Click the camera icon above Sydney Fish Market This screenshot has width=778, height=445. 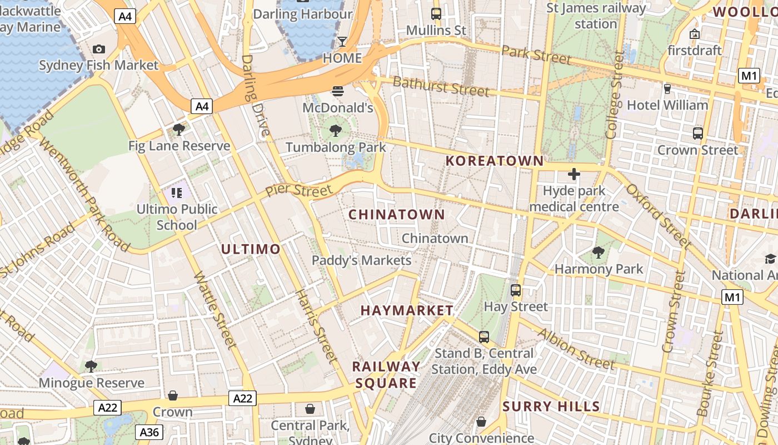(99, 50)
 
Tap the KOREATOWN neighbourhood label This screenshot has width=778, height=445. (495, 161)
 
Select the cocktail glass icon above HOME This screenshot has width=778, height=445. (342, 42)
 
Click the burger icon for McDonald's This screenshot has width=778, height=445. (338, 91)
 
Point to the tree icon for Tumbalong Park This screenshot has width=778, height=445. (335, 131)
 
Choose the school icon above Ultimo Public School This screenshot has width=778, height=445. (177, 193)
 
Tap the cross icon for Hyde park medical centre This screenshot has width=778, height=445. (573, 174)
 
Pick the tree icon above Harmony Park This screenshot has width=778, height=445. (599, 253)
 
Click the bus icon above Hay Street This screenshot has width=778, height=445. (516, 290)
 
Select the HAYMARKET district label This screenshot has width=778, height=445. (407, 310)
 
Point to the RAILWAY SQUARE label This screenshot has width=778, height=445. (386, 374)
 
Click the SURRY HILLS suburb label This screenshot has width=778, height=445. (551, 406)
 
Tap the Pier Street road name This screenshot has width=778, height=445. (298, 190)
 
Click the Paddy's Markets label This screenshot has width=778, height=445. (361, 260)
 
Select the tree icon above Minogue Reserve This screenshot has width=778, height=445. (91, 367)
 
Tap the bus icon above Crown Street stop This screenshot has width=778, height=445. (698, 133)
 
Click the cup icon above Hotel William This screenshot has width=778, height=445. (667, 89)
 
